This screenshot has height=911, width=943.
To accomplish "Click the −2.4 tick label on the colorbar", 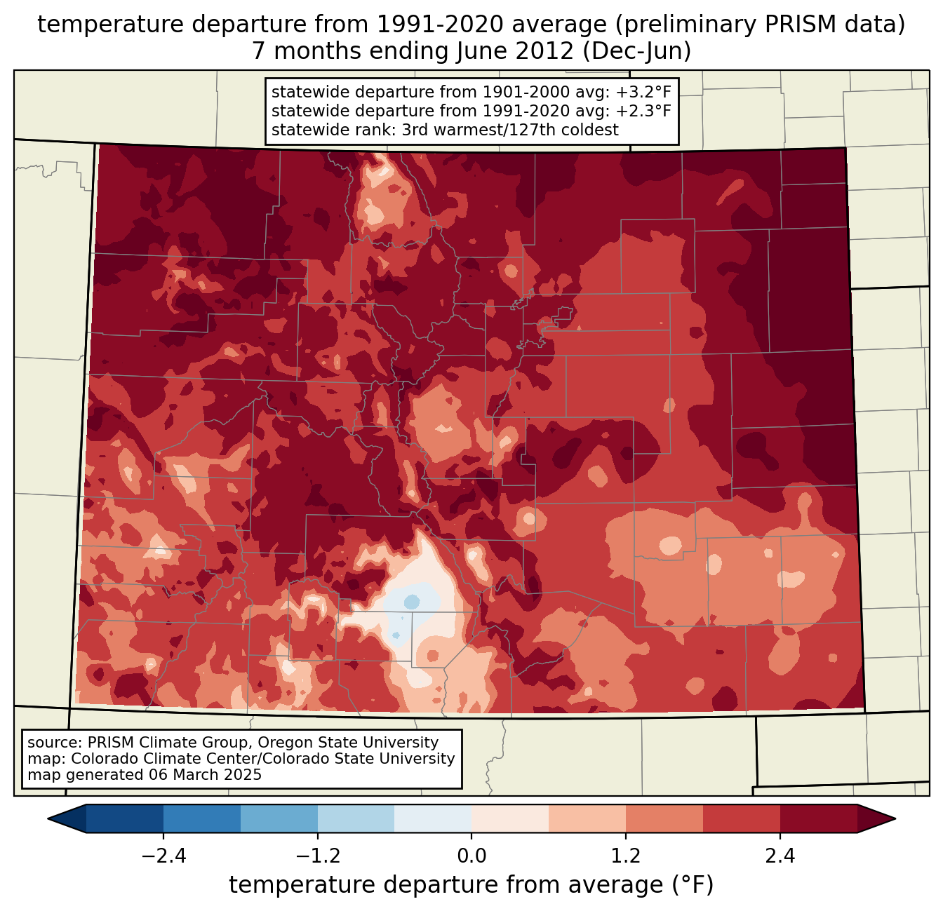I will click(163, 856).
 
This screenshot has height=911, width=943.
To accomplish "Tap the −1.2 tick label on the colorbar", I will click(317, 856).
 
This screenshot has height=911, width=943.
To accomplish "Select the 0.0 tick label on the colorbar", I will click(471, 856).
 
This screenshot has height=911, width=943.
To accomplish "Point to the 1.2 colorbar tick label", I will click(626, 856).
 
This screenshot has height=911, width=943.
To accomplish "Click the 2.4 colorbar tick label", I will click(780, 856).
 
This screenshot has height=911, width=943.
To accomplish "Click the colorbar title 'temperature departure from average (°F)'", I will click(471, 885).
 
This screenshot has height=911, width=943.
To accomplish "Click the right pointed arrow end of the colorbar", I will click(876, 818).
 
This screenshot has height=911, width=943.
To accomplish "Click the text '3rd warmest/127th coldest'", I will click(510, 130).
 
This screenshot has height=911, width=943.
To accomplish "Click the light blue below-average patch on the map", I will click(412, 602).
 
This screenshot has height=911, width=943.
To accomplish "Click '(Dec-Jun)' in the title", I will click(637, 51).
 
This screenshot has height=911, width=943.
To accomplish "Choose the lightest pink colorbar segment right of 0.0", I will click(510, 818).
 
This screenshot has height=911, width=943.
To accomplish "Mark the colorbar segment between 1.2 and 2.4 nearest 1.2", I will click(664, 818).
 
